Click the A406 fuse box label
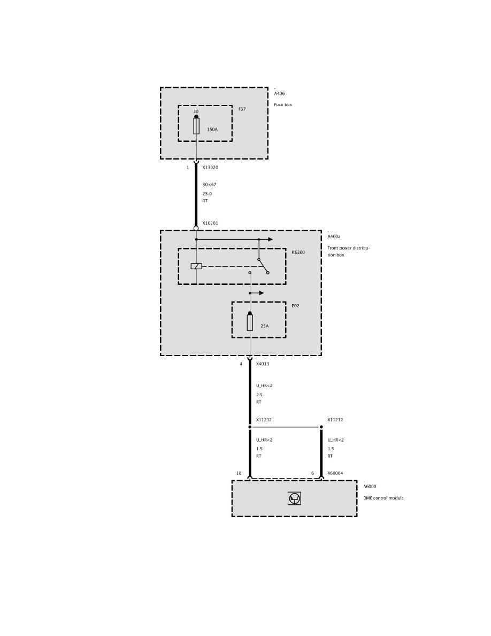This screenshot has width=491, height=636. pyautogui.click(x=279, y=93)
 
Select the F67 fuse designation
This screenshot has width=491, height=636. pyautogui.click(x=242, y=109)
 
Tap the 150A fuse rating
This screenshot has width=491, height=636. pyautogui.click(x=212, y=130)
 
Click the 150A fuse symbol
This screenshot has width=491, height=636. pyautogui.click(x=196, y=126)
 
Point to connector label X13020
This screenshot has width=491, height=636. pyautogui.click(x=210, y=168)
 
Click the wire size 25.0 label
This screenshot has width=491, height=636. pyautogui.click(x=207, y=193)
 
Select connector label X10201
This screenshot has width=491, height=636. pyautogui.click(x=210, y=223)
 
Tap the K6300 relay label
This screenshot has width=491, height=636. pyautogui.click(x=298, y=252)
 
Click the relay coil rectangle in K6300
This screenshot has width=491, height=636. pyautogui.click(x=196, y=266)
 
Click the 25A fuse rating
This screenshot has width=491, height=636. pyautogui.click(x=265, y=325)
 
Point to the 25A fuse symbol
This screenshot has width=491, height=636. pyautogui.click(x=250, y=322)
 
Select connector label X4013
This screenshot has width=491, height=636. pyautogui.click(x=263, y=364)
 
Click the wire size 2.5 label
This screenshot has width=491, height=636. pyautogui.click(x=259, y=395)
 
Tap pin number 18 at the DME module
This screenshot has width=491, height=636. pyautogui.click(x=239, y=473)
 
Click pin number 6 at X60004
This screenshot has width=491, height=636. pyautogui.click(x=312, y=473)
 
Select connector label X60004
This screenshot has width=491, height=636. pyautogui.click(x=335, y=473)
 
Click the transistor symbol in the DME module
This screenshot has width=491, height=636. pyautogui.click(x=294, y=498)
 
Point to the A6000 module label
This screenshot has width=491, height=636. pyautogui.click(x=370, y=487)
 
